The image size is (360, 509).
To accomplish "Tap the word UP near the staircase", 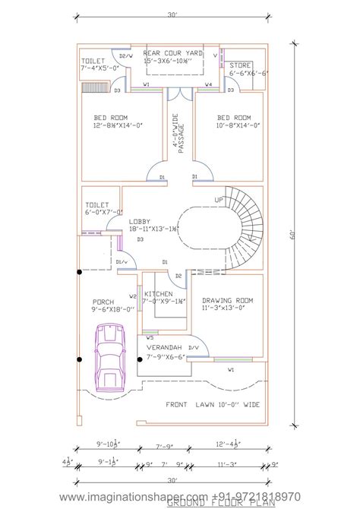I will [219, 200].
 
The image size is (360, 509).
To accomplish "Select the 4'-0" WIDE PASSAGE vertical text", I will [178, 134].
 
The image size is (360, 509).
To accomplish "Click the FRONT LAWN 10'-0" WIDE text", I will [213, 405].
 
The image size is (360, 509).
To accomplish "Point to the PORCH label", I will [103, 301].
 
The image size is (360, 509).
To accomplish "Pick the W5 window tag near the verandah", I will [150, 337].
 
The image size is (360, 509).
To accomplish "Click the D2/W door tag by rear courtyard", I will [125, 55].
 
